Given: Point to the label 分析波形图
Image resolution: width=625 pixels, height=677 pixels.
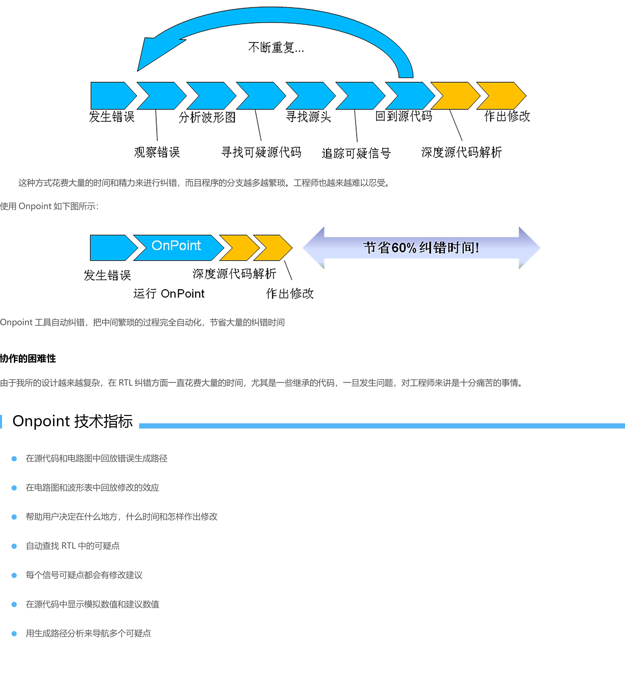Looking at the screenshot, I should (207, 117).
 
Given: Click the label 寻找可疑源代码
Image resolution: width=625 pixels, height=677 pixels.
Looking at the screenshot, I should (261, 152).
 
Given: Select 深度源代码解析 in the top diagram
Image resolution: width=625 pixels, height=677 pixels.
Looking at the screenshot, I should (461, 152).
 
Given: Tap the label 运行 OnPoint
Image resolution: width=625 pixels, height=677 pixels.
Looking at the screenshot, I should (169, 294).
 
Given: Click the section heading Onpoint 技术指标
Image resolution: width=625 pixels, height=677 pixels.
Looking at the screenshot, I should (72, 421).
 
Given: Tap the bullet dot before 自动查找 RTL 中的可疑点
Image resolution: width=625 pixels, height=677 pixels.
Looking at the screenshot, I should (14, 546).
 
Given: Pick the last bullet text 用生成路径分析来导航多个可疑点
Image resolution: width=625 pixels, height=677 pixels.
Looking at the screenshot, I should (88, 633).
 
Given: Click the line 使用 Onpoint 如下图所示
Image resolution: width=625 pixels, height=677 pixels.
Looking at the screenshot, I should (49, 206).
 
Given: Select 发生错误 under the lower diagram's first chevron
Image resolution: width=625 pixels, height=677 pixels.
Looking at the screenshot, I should (107, 275).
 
